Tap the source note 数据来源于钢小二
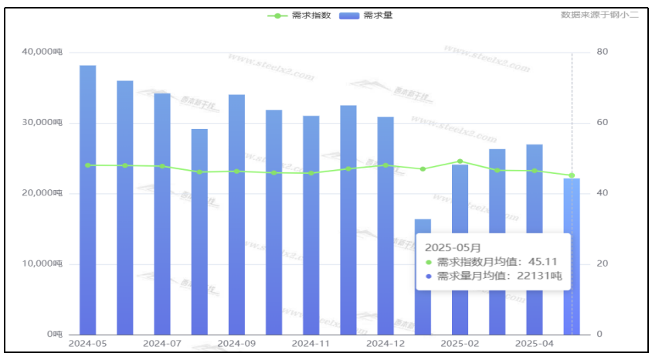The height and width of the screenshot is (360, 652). point(599,15)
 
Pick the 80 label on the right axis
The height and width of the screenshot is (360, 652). point(603,52)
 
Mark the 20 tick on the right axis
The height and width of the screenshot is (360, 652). point(603,264)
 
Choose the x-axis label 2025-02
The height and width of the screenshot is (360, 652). point(460,343)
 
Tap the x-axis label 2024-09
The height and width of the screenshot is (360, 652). point(236,343)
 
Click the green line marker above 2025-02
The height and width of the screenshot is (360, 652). point(460,161)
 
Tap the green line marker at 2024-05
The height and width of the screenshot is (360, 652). point(88,165)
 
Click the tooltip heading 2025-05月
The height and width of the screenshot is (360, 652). point(453,248)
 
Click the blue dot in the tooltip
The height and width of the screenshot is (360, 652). point(429,276)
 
